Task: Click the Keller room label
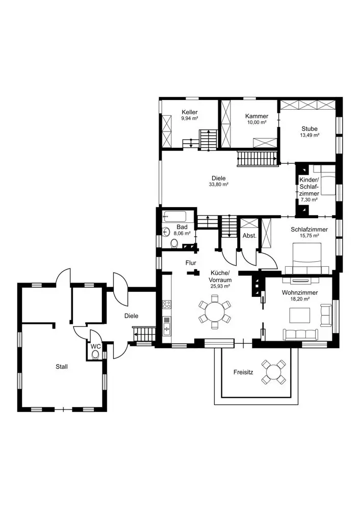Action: (x=189, y=112)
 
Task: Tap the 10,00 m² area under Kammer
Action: (x=256, y=123)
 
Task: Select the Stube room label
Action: (x=310, y=129)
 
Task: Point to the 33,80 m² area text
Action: (x=218, y=185)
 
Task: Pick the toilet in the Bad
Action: (x=175, y=244)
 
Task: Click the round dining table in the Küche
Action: (x=215, y=312)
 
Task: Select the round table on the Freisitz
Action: (x=274, y=372)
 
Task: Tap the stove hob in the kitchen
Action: (x=166, y=305)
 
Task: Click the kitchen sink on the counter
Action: (x=166, y=325)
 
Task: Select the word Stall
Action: (x=62, y=366)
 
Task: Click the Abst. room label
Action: (x=249, y=236)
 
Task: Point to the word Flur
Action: (x=191, y=263)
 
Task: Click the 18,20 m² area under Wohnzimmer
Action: (x=300, y=300)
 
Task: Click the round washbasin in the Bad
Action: (x=166, y=232)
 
